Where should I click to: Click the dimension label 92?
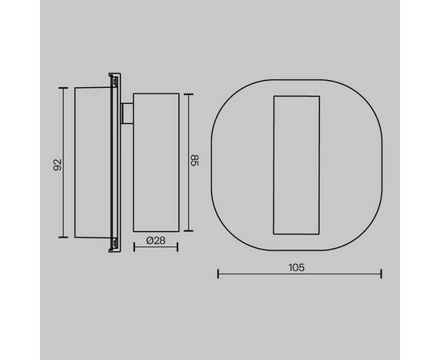click(58, 165)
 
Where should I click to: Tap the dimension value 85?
click(194, 160)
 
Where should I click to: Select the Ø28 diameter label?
click(156, 241)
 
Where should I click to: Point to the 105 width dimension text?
click(297, 267)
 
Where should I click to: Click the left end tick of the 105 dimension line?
click(218, 274)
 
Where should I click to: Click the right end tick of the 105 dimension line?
click(381, 274)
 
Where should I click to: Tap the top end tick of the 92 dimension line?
click(63, 88)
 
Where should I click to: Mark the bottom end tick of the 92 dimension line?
click(63, 238)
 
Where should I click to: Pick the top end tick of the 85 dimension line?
click(189, 94)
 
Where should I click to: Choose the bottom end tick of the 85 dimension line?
click(189, 231)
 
